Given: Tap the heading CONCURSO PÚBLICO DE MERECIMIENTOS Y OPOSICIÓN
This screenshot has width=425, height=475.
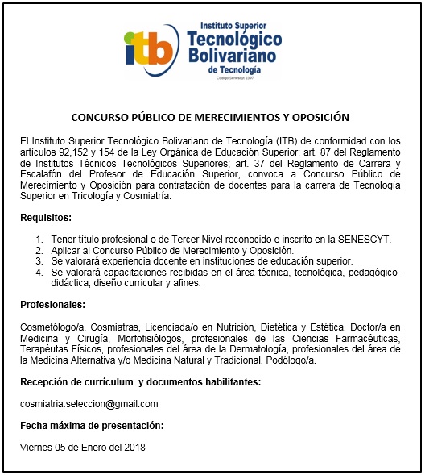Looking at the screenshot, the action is point(210,117).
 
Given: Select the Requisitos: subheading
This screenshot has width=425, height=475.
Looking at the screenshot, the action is point(46,218).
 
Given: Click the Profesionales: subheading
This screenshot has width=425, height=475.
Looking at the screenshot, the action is point(52,304).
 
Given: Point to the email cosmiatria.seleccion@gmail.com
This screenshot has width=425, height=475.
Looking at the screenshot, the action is point(89,404).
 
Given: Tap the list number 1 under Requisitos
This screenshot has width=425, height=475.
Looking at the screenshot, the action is point(39,240).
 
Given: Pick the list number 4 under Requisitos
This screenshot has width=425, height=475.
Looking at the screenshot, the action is point(39,273).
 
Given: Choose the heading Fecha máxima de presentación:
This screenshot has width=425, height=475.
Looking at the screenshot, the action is point(91,425).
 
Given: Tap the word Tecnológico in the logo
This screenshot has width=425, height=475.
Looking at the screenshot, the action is point(233,39).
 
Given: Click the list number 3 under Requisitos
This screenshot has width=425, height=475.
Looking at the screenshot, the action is point(39,261).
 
